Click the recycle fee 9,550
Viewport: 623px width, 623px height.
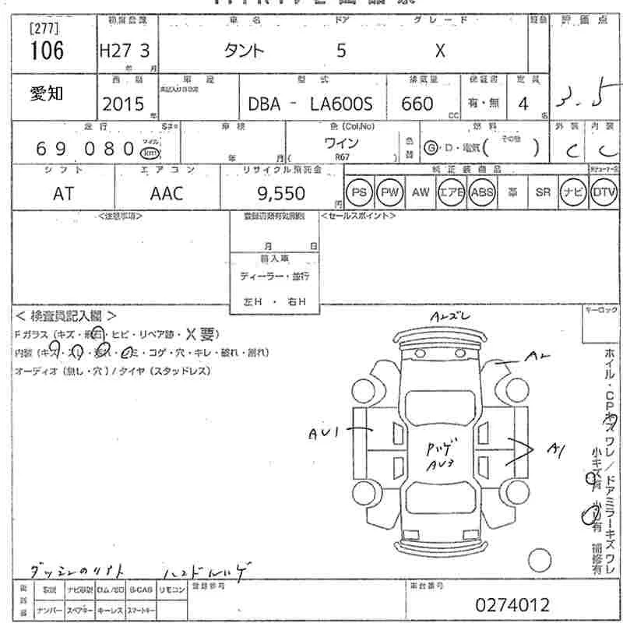click(x=281, y=192)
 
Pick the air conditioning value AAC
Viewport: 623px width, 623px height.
click(x=166, y=193)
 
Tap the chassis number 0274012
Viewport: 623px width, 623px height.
click(x=512, y=604)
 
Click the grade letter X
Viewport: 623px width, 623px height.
click(x=439, y=51)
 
